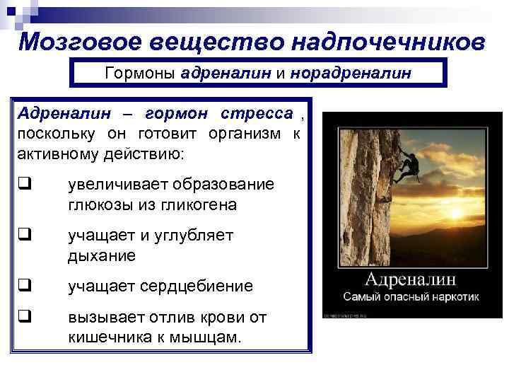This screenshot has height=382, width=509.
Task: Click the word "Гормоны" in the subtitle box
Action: pyautogui.click(x=140, y=73)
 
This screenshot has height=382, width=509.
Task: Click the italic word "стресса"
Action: pyautogui.click(x=257, y=114)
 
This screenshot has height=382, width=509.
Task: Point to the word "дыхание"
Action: pyautogui.click(x=101, y=255)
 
